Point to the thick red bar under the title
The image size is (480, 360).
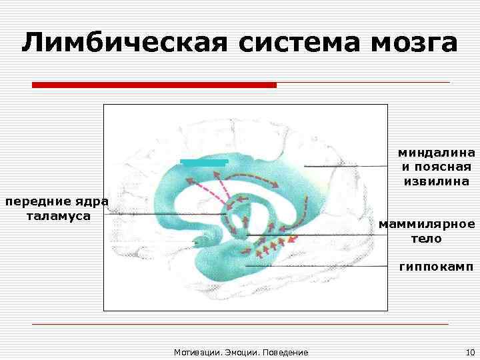click(x=154, y=85)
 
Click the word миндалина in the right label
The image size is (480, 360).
click(x=437, y=153)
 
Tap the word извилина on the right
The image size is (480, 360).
click(x=437, y=181)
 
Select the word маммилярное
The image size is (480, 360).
click(x=427, y=224)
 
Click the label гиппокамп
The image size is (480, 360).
click(x=437, y=267)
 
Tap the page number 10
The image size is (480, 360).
click(x=469, y=351)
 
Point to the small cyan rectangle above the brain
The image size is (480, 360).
click(x=204, y=162)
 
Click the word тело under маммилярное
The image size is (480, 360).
click(x=426, y=238)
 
